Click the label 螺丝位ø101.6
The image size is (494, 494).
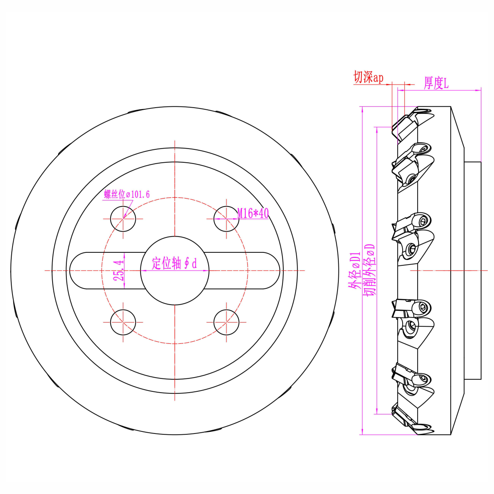tap(127, 194)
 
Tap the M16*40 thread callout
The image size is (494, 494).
tap(253, 213)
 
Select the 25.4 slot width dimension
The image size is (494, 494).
tap(118, 271)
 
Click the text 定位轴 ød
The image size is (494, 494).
tap(174, 263)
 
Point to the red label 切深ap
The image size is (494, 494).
tap(368, 77)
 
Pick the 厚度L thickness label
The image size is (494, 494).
tap(436, 83)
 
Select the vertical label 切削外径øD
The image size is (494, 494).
tap(369, 270)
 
